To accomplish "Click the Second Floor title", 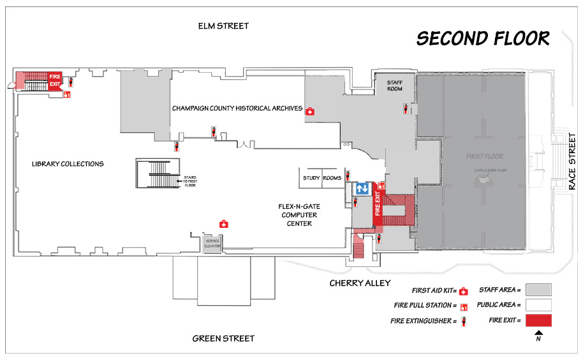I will (483, 39).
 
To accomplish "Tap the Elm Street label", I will (223, 26).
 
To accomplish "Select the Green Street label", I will (223, 338).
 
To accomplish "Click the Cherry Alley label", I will (360, 283).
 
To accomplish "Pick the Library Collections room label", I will (68, 164).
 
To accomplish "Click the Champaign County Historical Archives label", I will (237, 109).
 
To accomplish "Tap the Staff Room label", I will (395, 86).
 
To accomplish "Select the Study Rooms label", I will (322, 178).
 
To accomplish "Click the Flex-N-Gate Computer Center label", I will (295, 214).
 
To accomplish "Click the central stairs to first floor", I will (157, 173).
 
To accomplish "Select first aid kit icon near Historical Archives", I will (310, 111).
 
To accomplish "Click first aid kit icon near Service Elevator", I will (224, 224).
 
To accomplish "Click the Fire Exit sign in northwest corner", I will (55, 79).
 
